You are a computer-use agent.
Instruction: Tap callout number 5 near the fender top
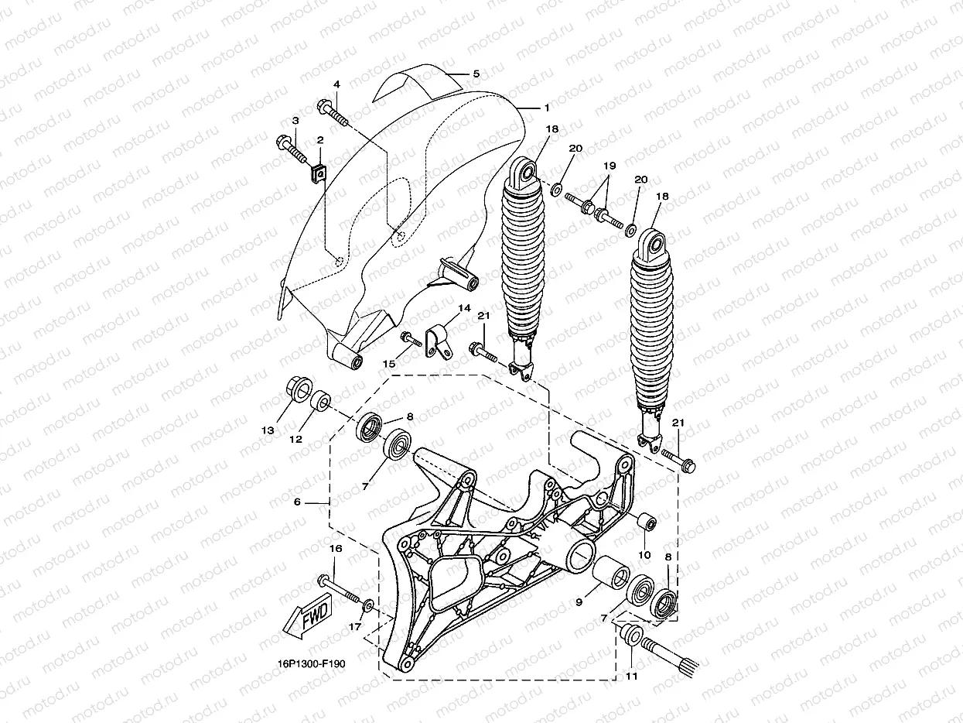[x=476, y=74]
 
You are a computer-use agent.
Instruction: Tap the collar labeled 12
[x=320, y=403]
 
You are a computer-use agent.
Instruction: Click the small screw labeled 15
[x=409, y=338]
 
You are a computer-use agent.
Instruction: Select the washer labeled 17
[x=368, y=604]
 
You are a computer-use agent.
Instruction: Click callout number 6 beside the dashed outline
[x=296, y=502]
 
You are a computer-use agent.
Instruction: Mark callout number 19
[x=609, y=165]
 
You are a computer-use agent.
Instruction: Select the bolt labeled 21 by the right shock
[x=683, y=464]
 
